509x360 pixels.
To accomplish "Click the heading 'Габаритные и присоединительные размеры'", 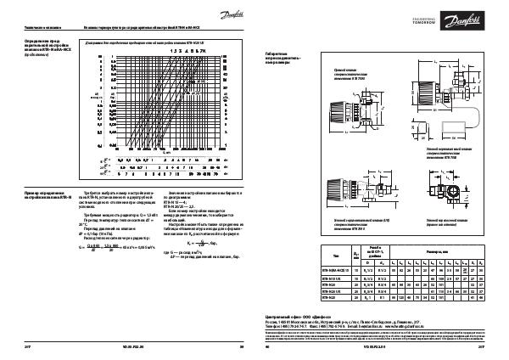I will pos(283,57).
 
